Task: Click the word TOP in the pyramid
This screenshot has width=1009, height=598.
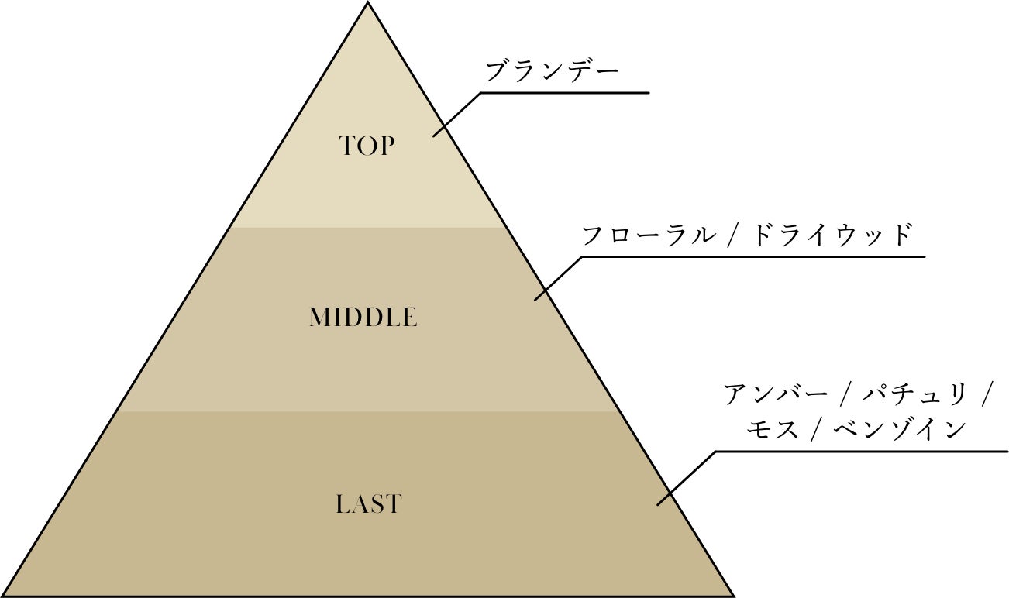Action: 367,146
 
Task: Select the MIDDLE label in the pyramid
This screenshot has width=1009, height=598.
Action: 363,318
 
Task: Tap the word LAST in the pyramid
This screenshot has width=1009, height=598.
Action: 369,505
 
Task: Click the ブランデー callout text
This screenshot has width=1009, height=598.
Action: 552,73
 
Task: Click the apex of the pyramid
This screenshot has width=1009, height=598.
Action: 367,3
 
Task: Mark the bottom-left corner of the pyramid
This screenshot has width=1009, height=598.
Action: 4,595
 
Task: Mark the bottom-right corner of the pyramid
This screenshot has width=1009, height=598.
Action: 733,595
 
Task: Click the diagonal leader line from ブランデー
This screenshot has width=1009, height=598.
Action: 457,115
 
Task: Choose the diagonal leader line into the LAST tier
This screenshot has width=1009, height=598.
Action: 686,478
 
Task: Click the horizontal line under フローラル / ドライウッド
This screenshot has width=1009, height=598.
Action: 752,256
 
